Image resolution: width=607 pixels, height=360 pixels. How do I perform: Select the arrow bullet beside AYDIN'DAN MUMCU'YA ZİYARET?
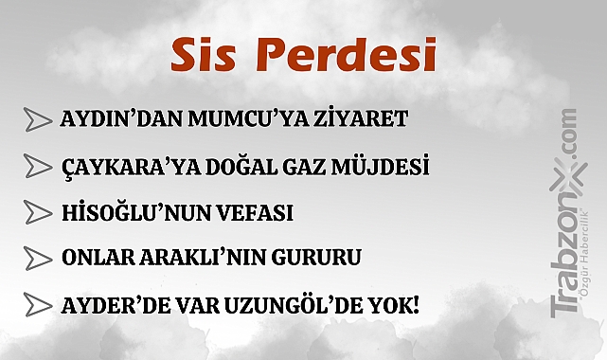tap(37, 120)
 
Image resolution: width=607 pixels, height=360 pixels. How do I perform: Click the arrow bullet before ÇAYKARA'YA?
tap(37, 167)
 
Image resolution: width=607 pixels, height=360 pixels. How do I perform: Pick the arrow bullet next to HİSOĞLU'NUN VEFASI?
tap(37, 212)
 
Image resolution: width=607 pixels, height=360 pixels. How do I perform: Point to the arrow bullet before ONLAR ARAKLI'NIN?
tap(37, 258)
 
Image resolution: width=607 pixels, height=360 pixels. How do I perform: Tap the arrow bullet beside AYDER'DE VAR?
tap(37, 305)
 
